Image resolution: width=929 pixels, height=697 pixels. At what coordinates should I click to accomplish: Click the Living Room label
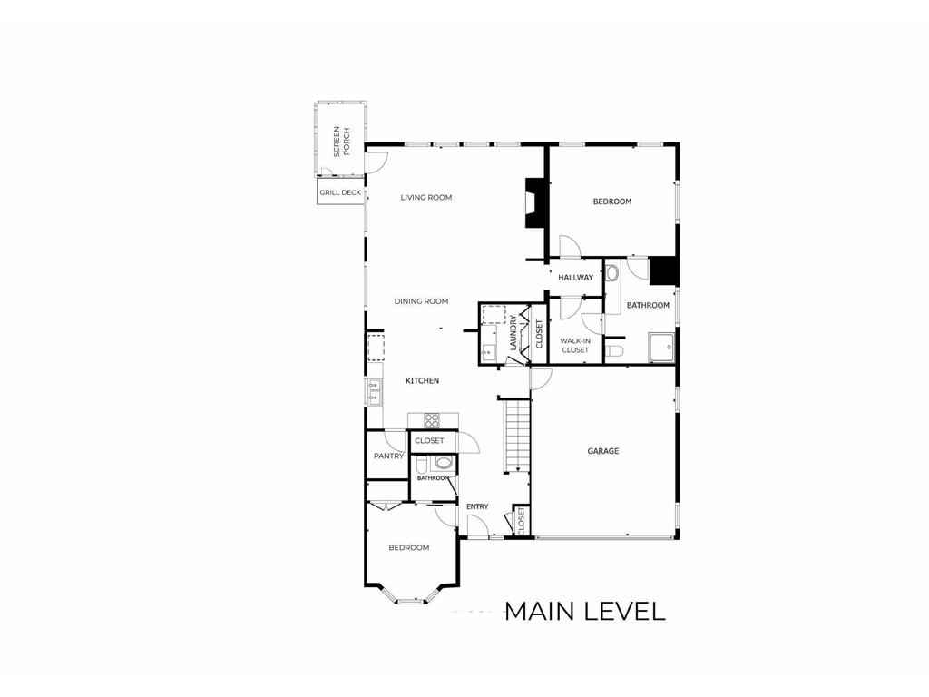[x=426, y=197]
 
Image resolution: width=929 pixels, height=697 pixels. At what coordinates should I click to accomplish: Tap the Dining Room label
[x=421, y=301]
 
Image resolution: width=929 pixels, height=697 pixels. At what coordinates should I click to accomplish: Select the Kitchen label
[x=423, y=380]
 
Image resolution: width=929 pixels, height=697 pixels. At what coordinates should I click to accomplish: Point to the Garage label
[x=603, y=451]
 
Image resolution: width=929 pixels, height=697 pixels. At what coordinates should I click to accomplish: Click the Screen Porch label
[x=342, y=141]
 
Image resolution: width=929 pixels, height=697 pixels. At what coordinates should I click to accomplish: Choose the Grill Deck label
[x=340, y=192]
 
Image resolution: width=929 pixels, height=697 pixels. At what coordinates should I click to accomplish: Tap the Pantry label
[x=388, y=456]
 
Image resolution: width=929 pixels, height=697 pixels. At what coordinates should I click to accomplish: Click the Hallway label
[x=575, y=278]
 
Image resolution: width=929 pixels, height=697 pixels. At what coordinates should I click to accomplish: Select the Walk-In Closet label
[x=575, y=346]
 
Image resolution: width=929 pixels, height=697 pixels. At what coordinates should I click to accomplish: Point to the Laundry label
[x=513, y=332]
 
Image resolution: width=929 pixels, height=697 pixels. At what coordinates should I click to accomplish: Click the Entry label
[x=477, y=506]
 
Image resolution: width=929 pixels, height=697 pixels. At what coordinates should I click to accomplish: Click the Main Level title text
[x=585, y=612]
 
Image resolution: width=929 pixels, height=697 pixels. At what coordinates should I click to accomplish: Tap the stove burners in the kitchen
[x=432, y=420]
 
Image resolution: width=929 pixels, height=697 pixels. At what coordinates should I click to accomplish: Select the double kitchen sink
[x=374, y=392]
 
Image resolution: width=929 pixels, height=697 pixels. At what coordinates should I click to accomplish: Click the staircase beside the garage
[x=516, y=437]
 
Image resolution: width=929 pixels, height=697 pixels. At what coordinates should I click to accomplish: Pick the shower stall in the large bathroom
[x=661, y=347]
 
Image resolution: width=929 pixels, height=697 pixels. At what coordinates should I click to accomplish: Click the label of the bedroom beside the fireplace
[x=612, y=201]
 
